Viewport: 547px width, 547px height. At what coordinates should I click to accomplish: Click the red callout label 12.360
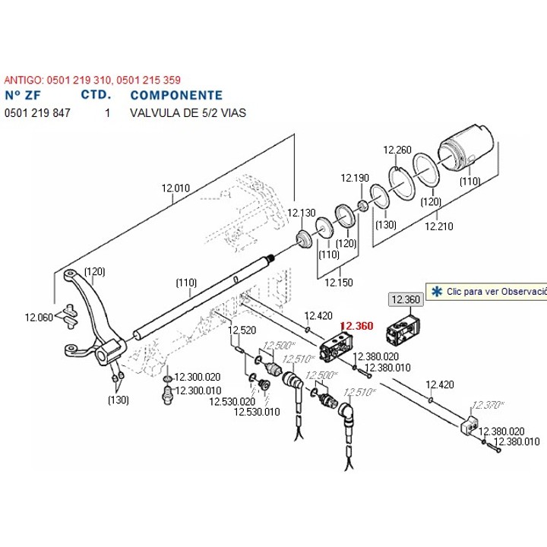[x=356, y=326]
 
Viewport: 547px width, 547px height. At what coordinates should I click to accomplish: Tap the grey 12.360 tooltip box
[x=405, y=299]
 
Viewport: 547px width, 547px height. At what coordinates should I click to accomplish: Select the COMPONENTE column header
[x=176, y=96]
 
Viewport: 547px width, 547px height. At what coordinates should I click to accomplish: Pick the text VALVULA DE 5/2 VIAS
[x=188, y=112]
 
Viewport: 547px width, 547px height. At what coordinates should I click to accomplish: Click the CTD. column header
[x=96, y=96]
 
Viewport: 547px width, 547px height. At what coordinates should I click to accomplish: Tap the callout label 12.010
[x=175, y=188]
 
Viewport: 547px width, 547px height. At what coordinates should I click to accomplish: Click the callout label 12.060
[x=39, y=317]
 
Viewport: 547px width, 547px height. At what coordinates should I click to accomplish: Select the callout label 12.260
[x=397, y=150]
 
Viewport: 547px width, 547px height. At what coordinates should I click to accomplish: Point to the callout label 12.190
[x=354, y=178]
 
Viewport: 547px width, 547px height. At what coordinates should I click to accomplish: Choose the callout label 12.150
[x=338, y=282]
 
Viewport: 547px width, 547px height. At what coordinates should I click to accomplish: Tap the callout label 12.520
[x=243, y=330]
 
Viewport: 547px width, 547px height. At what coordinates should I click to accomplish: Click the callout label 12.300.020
[x=198, y=377]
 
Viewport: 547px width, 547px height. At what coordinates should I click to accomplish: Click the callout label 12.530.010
[x=257, y=412]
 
